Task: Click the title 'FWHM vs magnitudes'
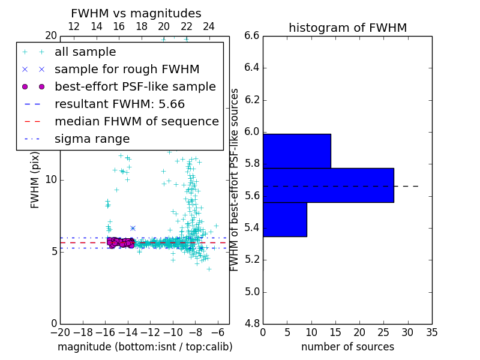[x=136, y=13]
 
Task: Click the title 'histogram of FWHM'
[x=347, y=28]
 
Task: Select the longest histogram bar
[x=328, y=185]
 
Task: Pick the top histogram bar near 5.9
[x=296, y=151]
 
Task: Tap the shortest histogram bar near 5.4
[x=284, y=219]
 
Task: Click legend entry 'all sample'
[x=85, y=52]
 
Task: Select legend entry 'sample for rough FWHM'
[x=127, y=69]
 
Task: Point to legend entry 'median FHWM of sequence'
[x=136, y=121]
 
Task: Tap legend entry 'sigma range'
[x=92, y=139]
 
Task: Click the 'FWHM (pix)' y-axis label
[x=35, y=179]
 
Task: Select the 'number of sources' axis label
[x=347, y=347]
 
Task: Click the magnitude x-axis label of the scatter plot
[x=145, y=347]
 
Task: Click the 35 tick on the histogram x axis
[x=432, y=332]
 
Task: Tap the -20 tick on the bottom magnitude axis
[x=59, y=332]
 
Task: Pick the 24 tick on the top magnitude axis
[x=209, y=26]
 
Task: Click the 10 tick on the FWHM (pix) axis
[x=51, y=179]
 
